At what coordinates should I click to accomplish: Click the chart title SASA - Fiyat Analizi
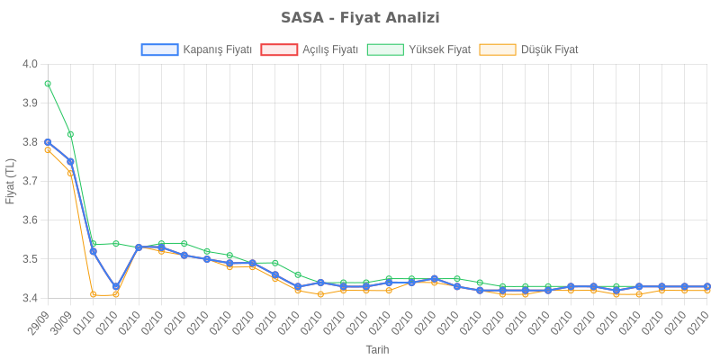pyautogui.click(x=360, y=18)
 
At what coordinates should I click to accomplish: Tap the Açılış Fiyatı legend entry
pyautogui.click(x=310, y=50)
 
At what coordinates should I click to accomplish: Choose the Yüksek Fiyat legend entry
pyautogui.click(x=419, y=50)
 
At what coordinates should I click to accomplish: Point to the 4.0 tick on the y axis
pyautogui.click(x=30, y=64)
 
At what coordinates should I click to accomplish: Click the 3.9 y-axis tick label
pyautogui.click(x=30, y=103)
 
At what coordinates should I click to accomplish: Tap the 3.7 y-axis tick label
pyautogui.click(x=30, y=181)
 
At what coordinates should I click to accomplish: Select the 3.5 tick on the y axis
pyautogui.click(x=30, y=259)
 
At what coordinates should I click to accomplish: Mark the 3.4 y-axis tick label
pyautogui.click(x=30, y=298)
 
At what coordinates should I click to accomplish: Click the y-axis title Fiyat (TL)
pyautogui.click(x=11, y=181)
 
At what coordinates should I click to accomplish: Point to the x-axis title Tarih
pyautogui.click(x=377, y=349)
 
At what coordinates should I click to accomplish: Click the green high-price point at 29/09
pyautogui.click(x=48, y=84)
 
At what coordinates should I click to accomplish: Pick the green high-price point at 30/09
pyautogui.click(x=70, y=134)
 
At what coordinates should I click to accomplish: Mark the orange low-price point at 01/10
pyautogui.click(x=93, y=294)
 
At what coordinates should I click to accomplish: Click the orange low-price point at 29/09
pyautogui.click(x=48, y=149)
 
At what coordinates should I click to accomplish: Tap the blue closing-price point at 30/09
pyautogui.click(x=70, y=161)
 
